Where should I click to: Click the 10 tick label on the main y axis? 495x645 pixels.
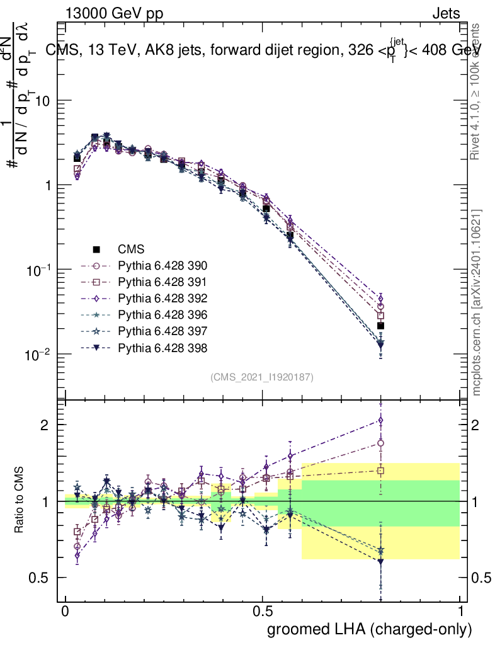tap(42, 101)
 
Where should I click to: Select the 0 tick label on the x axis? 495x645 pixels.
tap(65, 612)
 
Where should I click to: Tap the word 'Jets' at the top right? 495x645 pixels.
tap(445, 13)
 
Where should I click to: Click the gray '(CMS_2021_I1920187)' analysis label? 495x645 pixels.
tap(262, 377)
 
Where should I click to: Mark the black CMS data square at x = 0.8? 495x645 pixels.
tap(380, 326)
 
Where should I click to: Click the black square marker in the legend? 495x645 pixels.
tap(96, 248)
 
